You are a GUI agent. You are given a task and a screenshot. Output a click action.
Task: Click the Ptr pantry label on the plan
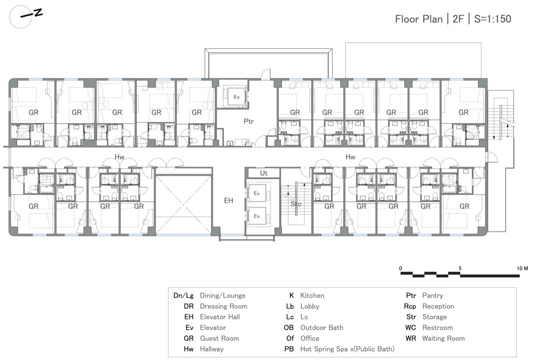click(x=249, y=121)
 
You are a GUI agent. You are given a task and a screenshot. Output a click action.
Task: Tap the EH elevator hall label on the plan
click(x=228, y=200)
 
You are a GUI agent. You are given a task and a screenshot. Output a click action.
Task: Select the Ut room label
click(x=264, y=173)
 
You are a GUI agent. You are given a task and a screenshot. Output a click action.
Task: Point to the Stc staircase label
click(x=296, y=204)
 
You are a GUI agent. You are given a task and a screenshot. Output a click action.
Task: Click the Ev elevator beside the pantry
click(x=236, y=97)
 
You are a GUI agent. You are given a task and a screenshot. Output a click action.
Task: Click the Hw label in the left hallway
click(x=119, y=157)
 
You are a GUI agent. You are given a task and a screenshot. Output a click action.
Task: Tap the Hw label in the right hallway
click(x=351, y=157)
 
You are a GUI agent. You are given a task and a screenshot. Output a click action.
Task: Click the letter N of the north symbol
click(x=38, y=13)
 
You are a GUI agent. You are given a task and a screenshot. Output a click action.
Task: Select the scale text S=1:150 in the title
click(x=493, y=19)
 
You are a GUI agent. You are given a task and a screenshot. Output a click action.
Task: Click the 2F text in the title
click(x=458, y=19)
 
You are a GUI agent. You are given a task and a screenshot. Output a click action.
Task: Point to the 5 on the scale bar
click(x=460, y=268)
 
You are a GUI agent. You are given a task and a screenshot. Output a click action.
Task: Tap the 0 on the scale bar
click(x=401, y=268)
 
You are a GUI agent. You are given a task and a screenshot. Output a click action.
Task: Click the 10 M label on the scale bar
click(x=522, y=268)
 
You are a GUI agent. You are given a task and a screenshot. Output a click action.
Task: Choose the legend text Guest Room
click(x=219, y=338)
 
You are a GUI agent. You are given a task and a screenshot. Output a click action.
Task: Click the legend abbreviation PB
click(x=289, y=349)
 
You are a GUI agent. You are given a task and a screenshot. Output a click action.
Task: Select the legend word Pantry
click(x=433, y=296)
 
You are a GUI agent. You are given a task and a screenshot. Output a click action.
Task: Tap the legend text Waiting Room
click(x=443, y=338)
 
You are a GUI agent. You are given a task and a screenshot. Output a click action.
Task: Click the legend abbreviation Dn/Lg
click(x=183, y=296)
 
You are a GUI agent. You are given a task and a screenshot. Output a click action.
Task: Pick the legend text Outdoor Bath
click(x=322, y=328)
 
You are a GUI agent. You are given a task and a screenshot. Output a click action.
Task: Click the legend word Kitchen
click(x=312, y=296)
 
